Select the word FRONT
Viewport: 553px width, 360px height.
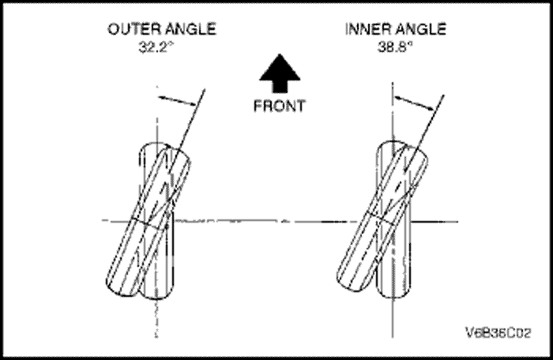point(278,107)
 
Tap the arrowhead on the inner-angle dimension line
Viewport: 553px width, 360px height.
point(429,108)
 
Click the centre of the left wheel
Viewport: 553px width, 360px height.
point(150,220)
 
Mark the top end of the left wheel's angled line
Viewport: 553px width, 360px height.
point(204,89)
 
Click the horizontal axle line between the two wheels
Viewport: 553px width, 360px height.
point(276,220)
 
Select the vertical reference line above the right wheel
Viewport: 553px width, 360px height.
point(393,111)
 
